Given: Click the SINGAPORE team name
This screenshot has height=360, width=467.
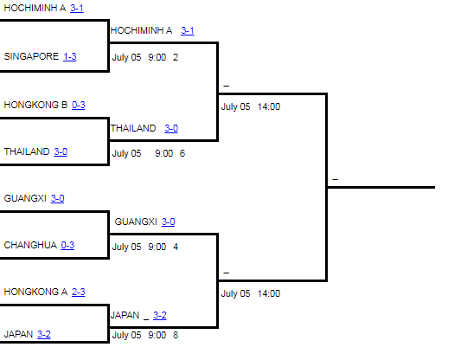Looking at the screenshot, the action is click(31, 56).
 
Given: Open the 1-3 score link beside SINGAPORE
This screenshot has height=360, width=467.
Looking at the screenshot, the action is click(70, 56).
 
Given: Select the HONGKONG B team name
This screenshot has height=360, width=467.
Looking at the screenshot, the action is click(35, 105).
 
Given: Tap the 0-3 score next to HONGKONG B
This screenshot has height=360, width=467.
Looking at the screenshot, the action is click(79, 105).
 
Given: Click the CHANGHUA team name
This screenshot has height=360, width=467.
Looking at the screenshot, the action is click(30, 245).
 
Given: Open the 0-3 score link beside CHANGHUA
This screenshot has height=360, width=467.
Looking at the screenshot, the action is click(67, 245).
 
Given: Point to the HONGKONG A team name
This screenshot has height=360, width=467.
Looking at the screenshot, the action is click(35, 292).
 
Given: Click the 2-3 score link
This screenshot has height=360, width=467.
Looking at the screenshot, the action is click(79, 292).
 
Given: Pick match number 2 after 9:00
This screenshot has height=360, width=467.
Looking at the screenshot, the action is click(176, 57).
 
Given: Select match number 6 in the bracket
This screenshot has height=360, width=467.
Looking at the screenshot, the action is click(182, 153).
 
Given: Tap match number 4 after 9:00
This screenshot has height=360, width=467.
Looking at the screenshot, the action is click(176, 247).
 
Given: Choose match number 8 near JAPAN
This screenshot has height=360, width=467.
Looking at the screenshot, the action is click(176, 335).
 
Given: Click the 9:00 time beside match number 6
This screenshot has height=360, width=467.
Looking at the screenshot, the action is click(163, 153).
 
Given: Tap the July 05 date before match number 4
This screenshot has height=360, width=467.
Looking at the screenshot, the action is click(126, 247).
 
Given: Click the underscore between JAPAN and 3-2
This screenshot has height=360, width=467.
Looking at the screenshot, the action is click(146, 319).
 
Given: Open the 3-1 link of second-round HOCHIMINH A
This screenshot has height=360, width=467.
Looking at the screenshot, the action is click(188, 30).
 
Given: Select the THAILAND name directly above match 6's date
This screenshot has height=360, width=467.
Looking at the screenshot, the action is click(133, 128).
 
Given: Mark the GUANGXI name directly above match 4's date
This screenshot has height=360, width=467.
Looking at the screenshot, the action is click(136, 222).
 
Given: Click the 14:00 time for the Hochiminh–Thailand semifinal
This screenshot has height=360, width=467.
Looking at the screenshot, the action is click(269, 106).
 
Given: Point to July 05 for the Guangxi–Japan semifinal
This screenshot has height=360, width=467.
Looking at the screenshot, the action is click(235, 293).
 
